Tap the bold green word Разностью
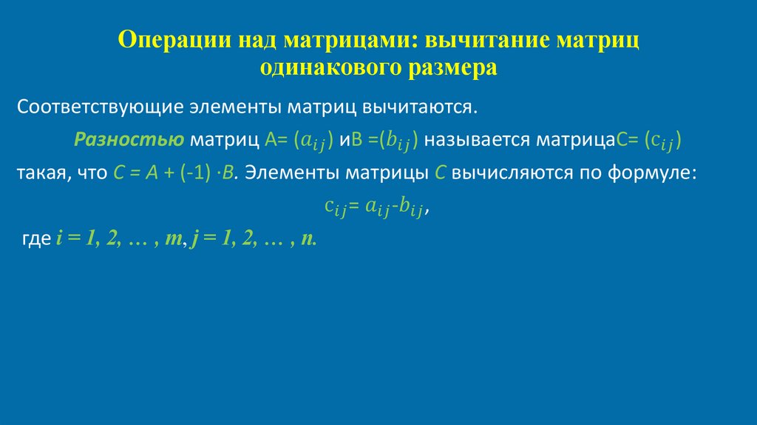(x=129, y=140)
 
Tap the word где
(x=36, y=240)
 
